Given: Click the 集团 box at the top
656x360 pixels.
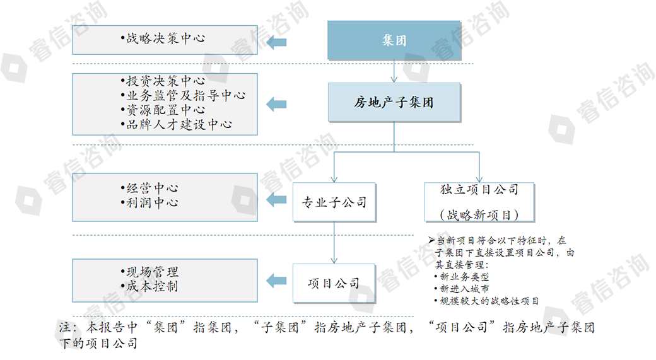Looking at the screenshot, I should coord(394,40).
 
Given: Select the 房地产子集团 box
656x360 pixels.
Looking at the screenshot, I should coord(394,102).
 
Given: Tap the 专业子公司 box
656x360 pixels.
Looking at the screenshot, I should coord(334,202).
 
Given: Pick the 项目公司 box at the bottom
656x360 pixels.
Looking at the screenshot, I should coord(334,283).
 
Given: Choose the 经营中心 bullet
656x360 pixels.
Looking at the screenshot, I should coord(151,188).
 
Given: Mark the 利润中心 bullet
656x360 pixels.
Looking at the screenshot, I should coord(151,202).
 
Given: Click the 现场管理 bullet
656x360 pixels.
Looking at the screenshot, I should coord(151,272).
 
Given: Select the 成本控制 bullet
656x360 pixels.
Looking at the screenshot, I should coord(151,286).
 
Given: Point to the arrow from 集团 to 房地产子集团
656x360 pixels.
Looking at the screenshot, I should coord(394,71).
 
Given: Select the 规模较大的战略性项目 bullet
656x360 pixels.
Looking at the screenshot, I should coord(489,301).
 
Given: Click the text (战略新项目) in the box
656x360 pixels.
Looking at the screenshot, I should coord(480,215).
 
